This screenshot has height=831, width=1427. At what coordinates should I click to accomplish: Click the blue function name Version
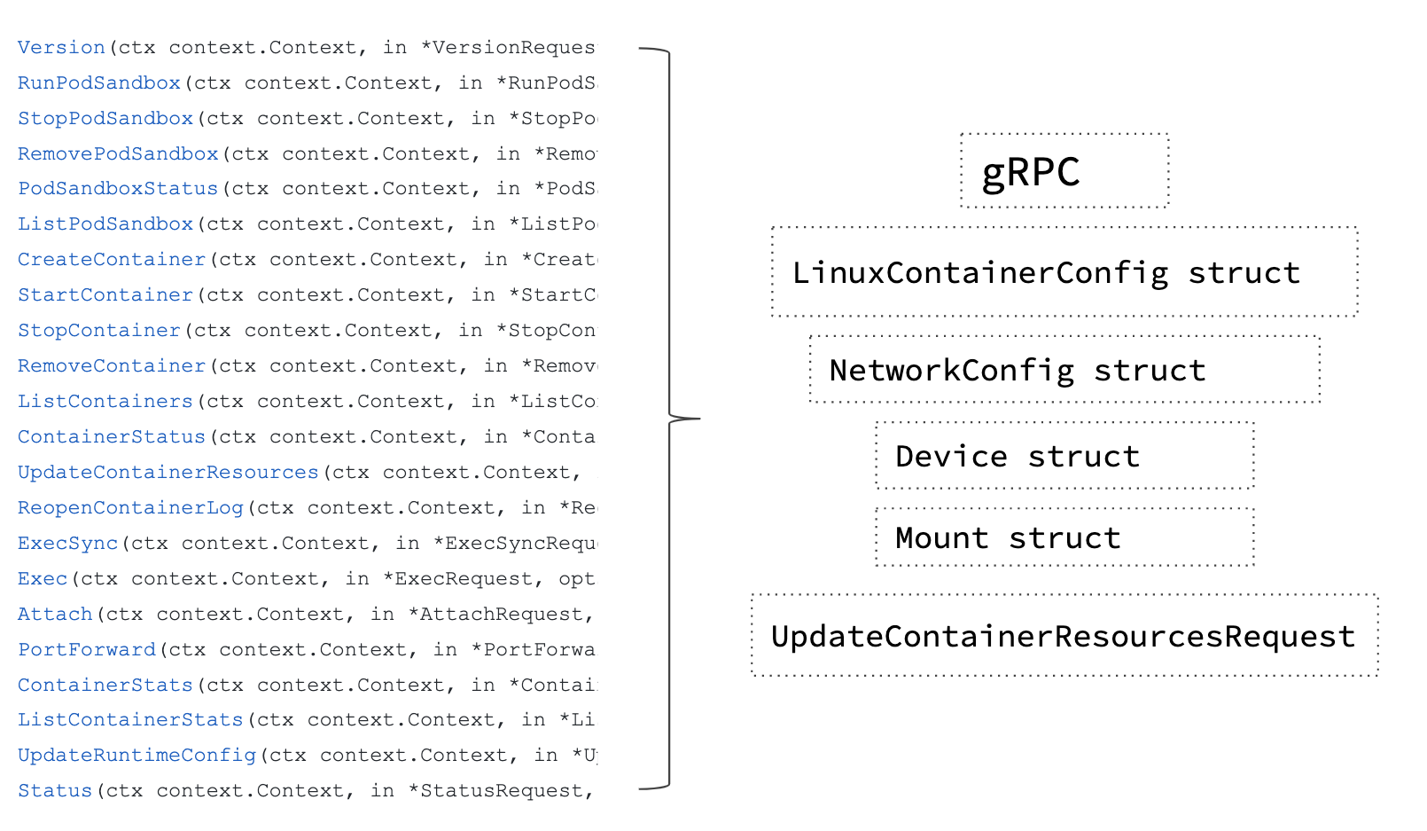coord(61,48)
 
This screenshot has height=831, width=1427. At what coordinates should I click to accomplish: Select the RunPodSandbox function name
coord(99,83)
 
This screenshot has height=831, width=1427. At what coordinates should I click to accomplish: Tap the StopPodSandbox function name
coord(105,119)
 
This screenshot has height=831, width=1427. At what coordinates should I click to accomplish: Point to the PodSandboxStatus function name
coord(118,189)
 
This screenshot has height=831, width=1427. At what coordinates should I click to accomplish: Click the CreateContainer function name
coord(112,260)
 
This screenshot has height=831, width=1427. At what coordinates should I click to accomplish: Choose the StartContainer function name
coord(105,295)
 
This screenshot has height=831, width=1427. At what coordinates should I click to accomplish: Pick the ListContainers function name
coord(105,402)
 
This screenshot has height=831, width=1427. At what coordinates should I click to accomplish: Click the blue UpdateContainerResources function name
coord(168,473)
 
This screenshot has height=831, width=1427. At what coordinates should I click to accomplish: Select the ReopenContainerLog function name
coord(130,508)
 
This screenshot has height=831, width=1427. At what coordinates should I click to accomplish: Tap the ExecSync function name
coord(67,544)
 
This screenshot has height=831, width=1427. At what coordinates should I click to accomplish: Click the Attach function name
coord(55,615)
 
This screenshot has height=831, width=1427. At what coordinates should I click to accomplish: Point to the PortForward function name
coord(87,650)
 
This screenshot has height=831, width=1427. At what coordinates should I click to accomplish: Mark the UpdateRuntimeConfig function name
coord(136,756)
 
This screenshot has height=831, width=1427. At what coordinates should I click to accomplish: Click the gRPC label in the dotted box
coord(1031,172)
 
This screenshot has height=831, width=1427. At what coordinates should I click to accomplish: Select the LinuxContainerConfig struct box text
coord(1046,273)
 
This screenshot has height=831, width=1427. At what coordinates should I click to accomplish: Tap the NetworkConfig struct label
coord(1018,371)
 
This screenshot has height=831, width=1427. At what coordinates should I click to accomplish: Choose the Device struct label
coord(1018,457)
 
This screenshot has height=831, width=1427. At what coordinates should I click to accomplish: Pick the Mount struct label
coord(1008,538)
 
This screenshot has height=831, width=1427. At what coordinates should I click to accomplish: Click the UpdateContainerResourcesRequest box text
coord(1063,637)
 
